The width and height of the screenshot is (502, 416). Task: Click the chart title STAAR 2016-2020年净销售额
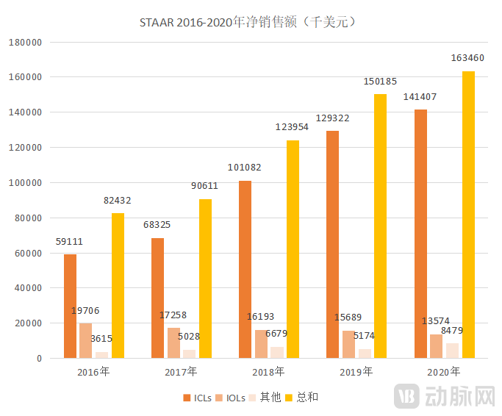(250, 22)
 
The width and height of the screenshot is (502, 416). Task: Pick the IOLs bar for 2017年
(173, 343)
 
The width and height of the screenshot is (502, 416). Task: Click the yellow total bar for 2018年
(293, 249)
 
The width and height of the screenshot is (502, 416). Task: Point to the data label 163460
(467, 58)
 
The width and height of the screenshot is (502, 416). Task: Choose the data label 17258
(174, 315)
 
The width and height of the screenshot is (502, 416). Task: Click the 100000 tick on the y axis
(24, 182)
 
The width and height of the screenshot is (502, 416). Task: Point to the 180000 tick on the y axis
(24, 42)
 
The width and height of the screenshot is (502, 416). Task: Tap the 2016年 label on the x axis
(93, 372)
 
